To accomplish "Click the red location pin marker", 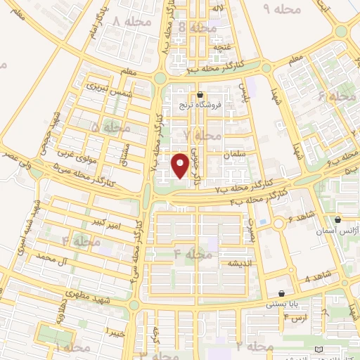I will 180,166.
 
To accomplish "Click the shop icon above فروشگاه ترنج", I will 201,94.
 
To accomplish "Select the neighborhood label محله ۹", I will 281,8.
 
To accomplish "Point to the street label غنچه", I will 222,46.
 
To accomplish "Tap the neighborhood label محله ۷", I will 202,134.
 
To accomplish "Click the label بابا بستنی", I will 281,305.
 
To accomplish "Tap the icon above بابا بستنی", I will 282,294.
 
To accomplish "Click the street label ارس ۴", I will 295,318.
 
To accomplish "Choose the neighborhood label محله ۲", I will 255,347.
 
